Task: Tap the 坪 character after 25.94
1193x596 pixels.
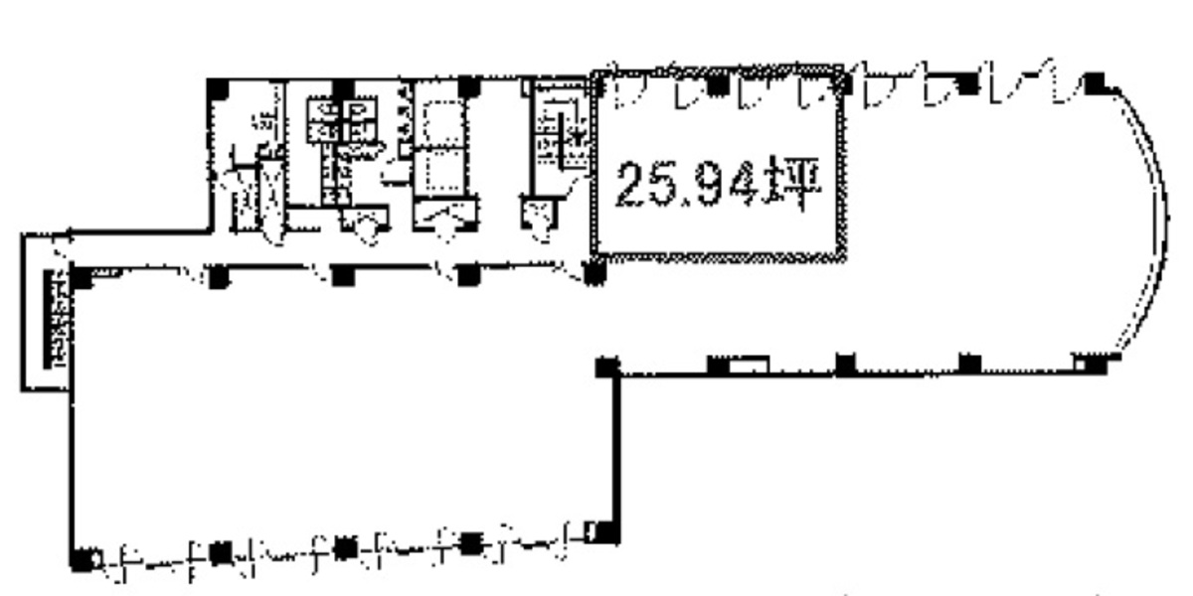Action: [796, 184]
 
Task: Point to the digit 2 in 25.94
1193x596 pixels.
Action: [628, 185]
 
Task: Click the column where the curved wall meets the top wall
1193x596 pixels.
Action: [1096, 82]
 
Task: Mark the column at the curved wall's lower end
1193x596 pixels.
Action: [1094, 365]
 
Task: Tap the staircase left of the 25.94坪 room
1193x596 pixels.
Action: [559, 139]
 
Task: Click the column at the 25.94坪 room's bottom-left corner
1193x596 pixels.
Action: [596, 272]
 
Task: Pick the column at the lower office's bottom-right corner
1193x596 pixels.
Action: [595, 534]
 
